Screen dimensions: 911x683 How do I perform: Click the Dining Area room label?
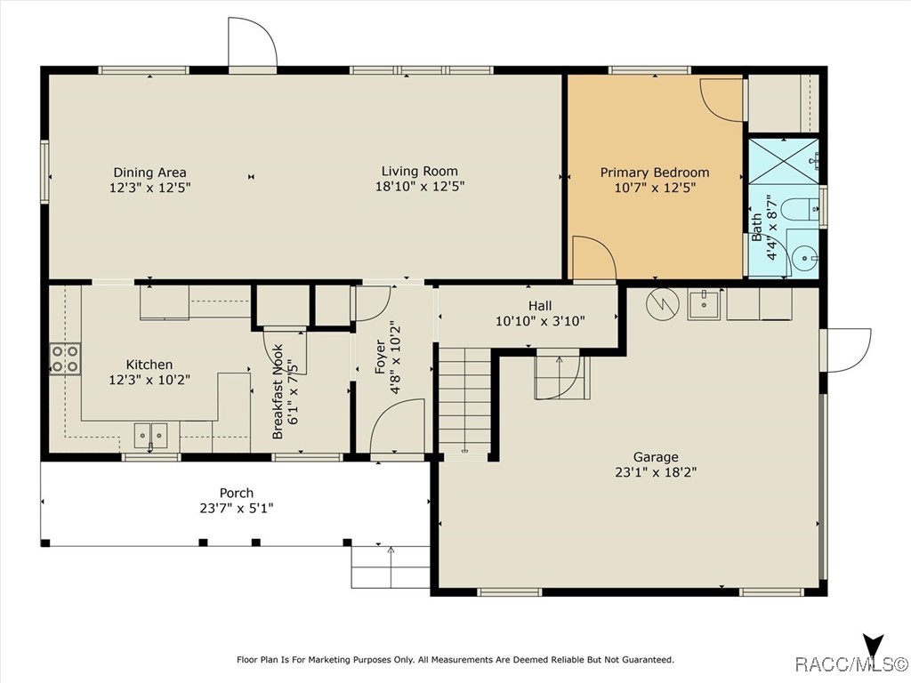pyautogui.click(x=149, y=173)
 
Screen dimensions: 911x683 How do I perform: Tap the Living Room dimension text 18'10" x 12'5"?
pyautogui.click(x=420, y=187)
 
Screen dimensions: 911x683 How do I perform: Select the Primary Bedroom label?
pyautogui.click(x=655, y=173)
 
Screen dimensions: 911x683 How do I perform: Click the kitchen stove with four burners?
pyautogui.click(x=65, y=359)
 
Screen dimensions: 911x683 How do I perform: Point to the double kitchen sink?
pyautogui.click(x=150, y=436)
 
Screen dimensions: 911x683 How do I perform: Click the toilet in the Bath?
pyautogui.click(x=801, y=209)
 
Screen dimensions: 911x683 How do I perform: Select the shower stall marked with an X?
pyautogui.click(x=783, y=161)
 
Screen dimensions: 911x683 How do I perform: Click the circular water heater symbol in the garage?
pyautogui.click(x=662, y=302)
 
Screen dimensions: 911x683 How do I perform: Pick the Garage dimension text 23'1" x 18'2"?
pyautogui.click(x=656, y=472)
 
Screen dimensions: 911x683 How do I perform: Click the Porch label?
pyautogui.click(x=237, y=493)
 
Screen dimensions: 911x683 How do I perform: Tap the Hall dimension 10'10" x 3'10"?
pyautogui.click(x=540, y=320)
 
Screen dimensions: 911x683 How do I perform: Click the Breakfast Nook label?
pyautogui.click(x=278, y=392)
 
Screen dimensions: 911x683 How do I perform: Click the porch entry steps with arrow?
pyautogui.click(x=391, y=567)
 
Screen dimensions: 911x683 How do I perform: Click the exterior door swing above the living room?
pyautogui.click(x=253, y=42)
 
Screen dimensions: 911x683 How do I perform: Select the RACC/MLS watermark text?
pyautogui.click(x=851, y=663)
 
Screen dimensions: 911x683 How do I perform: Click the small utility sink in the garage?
pyautogui.click(x=704, y=303)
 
